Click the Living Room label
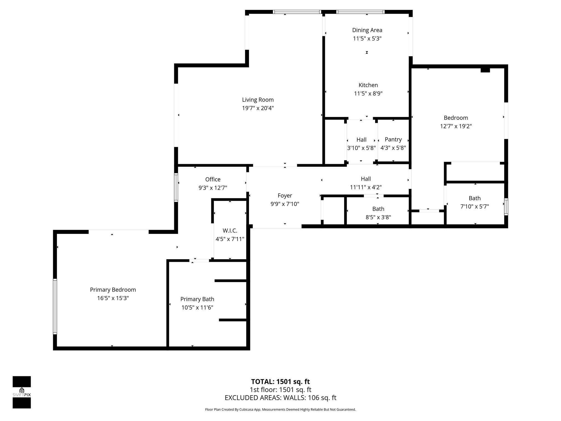(x=258, y=100)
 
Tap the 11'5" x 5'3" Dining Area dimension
(x=367, y=39)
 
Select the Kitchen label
(x=368, y=85)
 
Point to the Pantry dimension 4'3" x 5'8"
(x=393, y=148)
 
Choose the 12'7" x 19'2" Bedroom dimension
(x=456, y=126)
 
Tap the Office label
(x=213, y=180)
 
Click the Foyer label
(x=285, y=196)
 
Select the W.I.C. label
(x=230, y=231)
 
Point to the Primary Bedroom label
(x=113, y=290)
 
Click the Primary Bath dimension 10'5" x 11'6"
(x=197, y=308)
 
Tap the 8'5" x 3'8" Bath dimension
(x=378, y=217)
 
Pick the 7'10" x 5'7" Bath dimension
(x=474, y=207)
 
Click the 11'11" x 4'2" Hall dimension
(x=366, y=187)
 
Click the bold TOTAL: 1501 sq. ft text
(x=280, y=382)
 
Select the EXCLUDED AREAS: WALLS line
(x=280, y=398)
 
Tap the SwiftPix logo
(x=22, y=392)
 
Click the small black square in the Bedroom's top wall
(x=485, y=70)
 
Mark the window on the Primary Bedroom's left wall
(x=55, y=306)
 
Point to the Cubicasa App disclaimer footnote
(x=280, y=409)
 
